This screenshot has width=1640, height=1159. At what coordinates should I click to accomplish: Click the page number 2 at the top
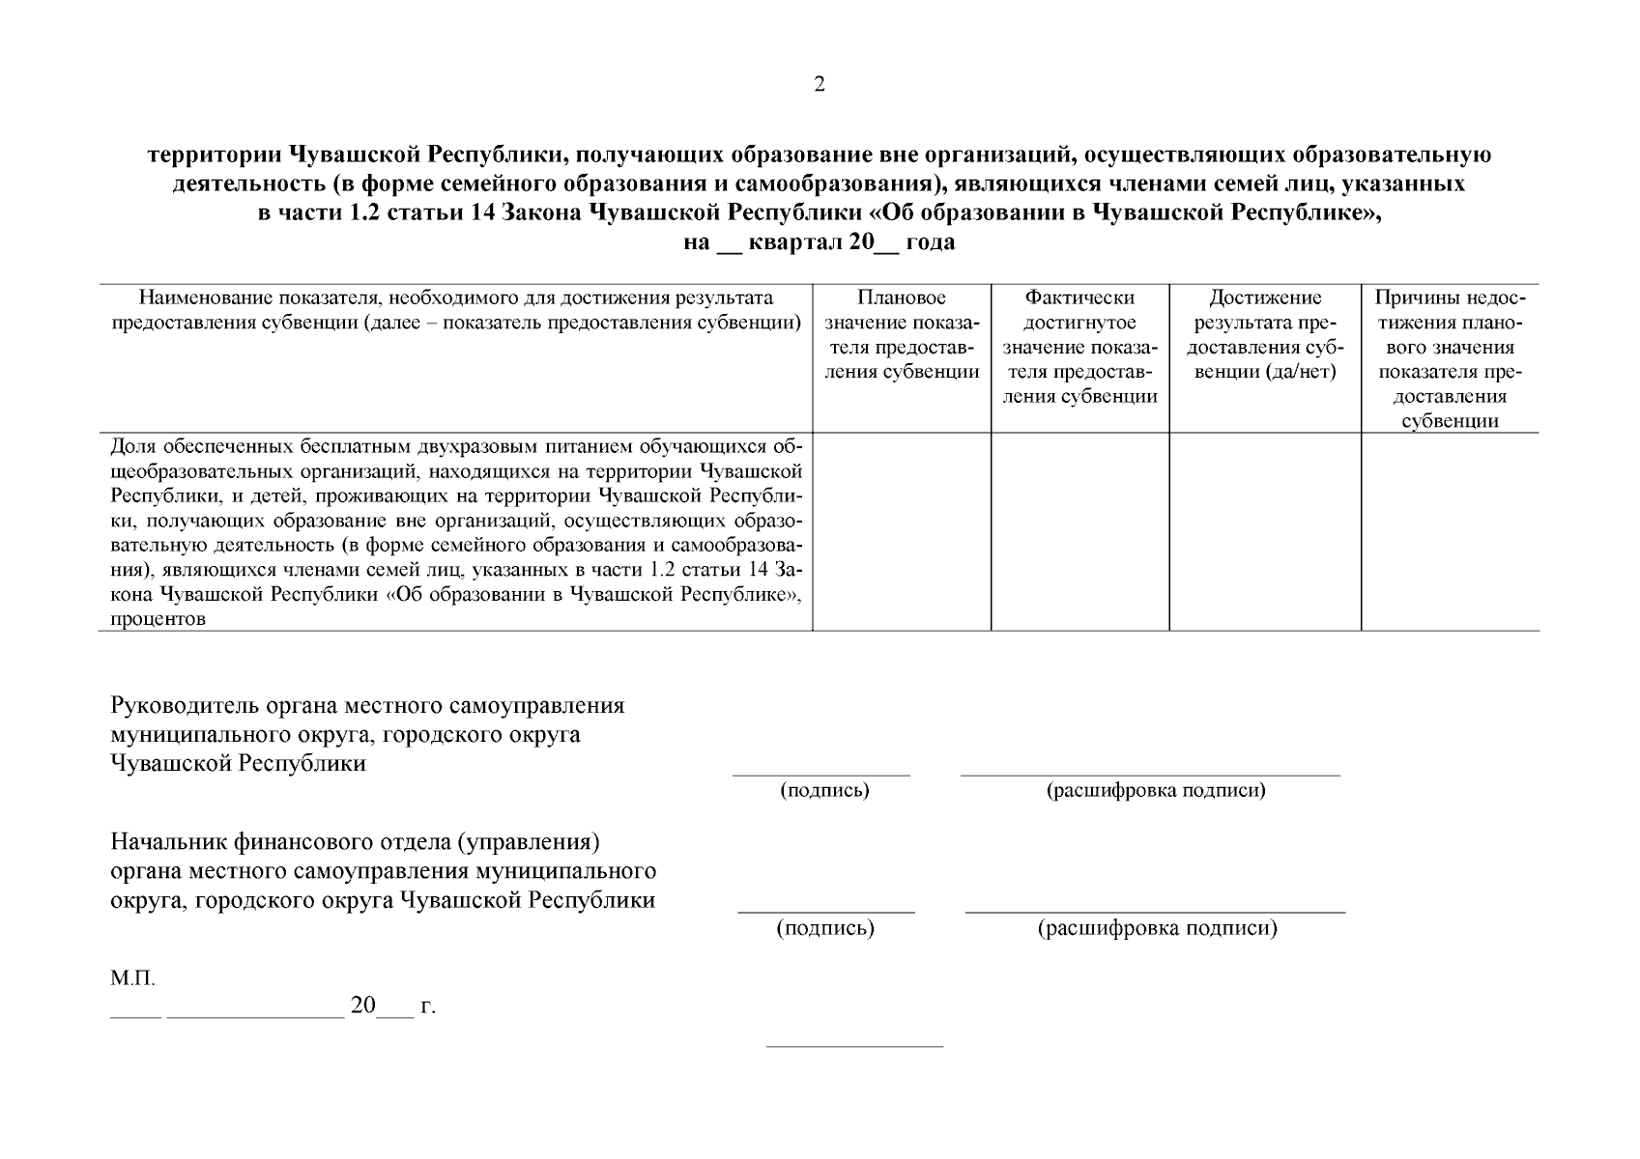(x=820, y=85)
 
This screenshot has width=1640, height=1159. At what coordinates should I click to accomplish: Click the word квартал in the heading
(x=794, y=242)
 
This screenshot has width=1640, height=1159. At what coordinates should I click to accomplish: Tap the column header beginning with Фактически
(x=1079, y=347)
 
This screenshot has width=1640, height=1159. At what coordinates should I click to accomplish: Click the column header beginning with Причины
(x=1450, y=359)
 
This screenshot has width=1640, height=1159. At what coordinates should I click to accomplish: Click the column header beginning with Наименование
(x=456, y=310)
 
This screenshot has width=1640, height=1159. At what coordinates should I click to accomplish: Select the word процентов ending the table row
(x=158, y=620)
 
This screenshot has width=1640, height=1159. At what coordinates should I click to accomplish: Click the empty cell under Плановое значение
(x=902, y=532)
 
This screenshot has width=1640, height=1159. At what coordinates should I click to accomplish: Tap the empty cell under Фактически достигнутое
(x=1079, y=532)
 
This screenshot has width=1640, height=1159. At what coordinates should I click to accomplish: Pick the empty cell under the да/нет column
(x=1265, y=532)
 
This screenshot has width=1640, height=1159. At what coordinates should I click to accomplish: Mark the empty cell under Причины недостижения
(x=1450, y=532)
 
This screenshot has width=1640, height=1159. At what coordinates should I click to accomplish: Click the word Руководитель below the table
(x=185, y=706)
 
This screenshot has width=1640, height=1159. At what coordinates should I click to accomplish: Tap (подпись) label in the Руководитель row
(x=824, y=791)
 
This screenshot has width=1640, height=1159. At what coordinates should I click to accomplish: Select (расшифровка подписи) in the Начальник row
(x=1157, y=929)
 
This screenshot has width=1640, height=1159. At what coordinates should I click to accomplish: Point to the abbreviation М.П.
(x=132, y=979)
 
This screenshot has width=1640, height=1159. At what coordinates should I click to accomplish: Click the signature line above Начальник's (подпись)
(x=826, y=912)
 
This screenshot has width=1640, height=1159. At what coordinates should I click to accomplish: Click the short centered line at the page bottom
(x=854, y=1046)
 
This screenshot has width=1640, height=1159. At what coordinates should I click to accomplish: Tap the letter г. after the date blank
(x=427, y=1007)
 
